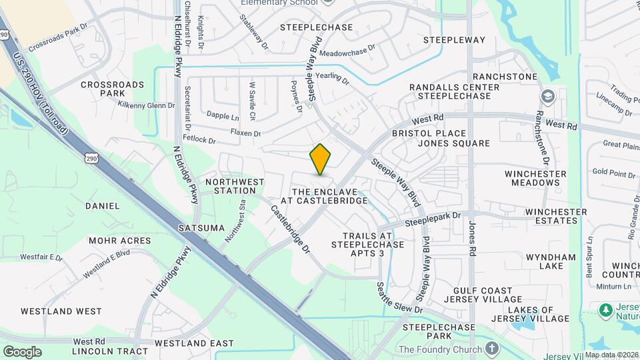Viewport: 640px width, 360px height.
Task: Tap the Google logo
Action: tap(22, 352)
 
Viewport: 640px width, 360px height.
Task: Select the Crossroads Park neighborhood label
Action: tap(112, 89)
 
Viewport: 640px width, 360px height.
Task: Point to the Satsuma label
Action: tap(202, 228)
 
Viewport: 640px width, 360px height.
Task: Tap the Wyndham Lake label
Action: tap(551, 261)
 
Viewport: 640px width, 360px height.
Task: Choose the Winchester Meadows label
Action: tap(535, 178)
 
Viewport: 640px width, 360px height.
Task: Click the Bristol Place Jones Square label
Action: tap(450, 139)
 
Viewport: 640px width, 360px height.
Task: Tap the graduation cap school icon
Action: tap(548, 96)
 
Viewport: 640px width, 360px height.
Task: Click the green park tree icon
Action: tap(606, 310)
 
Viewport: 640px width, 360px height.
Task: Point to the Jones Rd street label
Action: tap(473, 239)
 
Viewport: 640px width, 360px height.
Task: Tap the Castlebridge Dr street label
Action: tap(290, 228)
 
